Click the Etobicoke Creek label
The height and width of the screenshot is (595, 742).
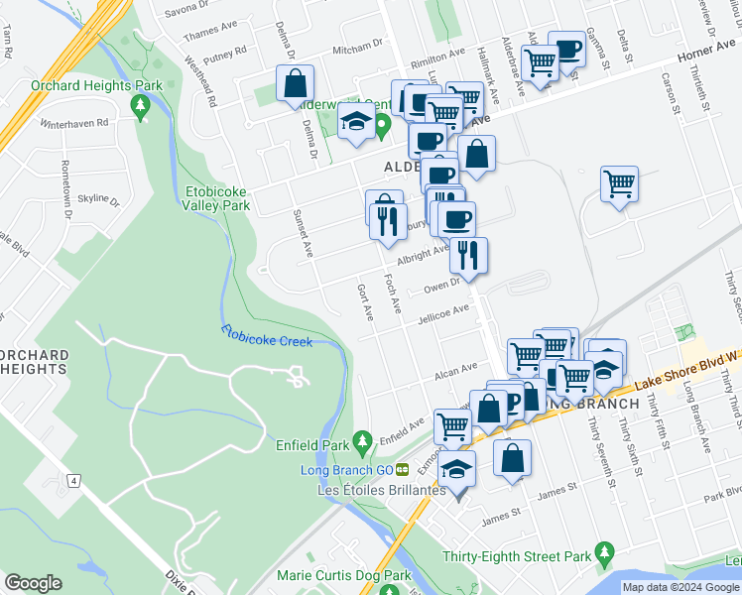pyautogui.click(x=266, y=336)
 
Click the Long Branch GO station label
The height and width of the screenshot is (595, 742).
pyautogui.click(x=346, y=469)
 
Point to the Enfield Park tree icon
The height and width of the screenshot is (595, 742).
pyautogui.click(x=363, y=438)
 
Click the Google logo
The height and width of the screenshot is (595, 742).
pyautogui.click(x=33, y=583)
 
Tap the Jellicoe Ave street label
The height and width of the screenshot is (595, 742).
pyautogui.click(x=442, y=313)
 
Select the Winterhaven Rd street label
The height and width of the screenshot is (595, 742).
pyautogui.click(x=73, y=124)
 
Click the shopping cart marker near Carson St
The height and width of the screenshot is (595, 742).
pyautogui.click(x=619, y=183)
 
